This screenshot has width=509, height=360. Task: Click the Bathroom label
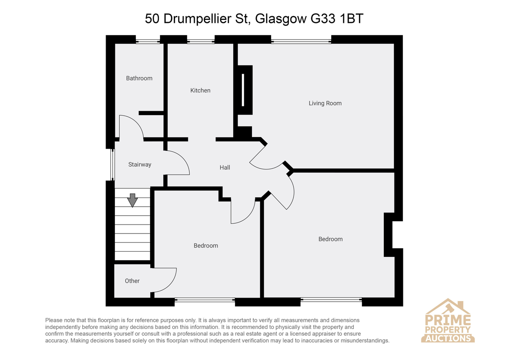coord(139,78)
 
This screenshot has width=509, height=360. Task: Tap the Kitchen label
coord(200,90)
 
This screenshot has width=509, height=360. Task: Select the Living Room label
coord(325,103)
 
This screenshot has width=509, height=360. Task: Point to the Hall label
coord(225,168)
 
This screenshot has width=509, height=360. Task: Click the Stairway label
coord(140,164)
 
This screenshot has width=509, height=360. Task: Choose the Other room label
coord(132,281)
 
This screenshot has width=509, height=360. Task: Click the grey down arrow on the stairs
coord(132,200)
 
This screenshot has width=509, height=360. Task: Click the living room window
coord(301,41)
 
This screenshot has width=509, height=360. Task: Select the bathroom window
coord(148,41)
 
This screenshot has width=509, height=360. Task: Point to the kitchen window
coord(201,41)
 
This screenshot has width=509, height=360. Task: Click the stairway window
coord(112,165)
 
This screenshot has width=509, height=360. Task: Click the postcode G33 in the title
coord(323,18)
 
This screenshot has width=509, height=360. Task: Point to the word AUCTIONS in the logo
coord(447,338)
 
